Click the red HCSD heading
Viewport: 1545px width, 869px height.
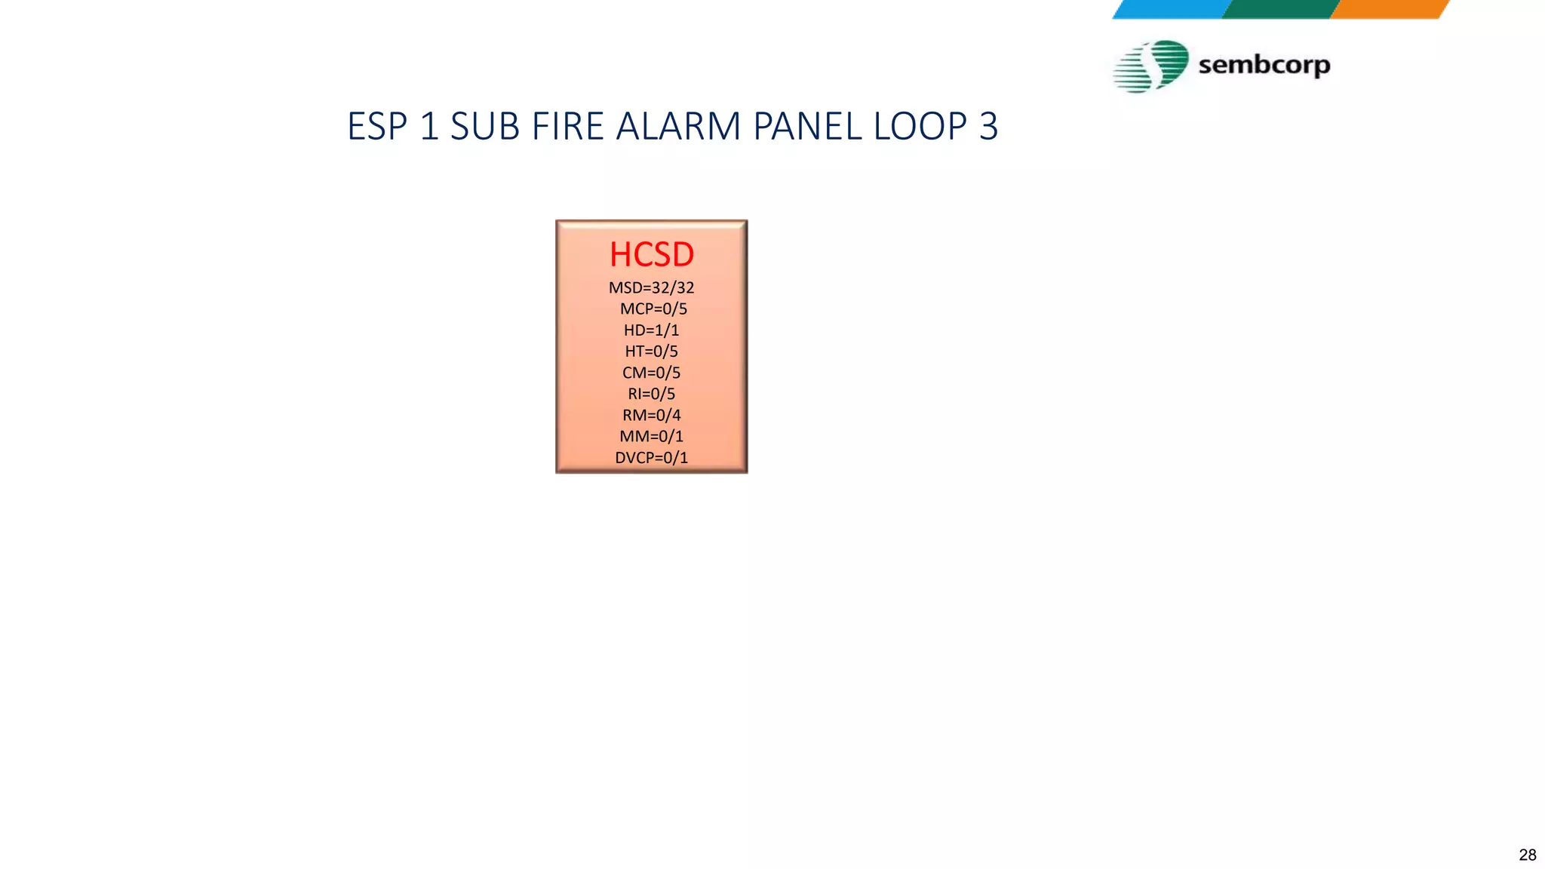coord(652,255)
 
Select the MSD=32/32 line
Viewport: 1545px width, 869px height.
coord(652,287)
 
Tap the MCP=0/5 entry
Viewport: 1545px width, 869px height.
coord(653,309)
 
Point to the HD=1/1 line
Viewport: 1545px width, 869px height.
coord(652,330)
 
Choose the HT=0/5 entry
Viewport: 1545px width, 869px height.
coord(652,351)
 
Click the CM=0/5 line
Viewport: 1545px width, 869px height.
coord(652,373)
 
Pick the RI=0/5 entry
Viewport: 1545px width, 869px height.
coord(652,394)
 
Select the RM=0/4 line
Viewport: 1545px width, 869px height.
coord(652,415)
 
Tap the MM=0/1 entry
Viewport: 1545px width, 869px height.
coord(652,436)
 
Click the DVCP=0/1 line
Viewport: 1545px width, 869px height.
coord(652,457)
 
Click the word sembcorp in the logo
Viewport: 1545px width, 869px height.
coord(1264,65)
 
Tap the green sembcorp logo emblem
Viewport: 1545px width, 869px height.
coord(1151,66)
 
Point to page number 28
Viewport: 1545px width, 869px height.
coord(1527,855)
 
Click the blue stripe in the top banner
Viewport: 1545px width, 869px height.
coord(1171,9)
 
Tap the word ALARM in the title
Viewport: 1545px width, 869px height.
coord(678,126)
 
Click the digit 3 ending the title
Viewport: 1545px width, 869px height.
coord(988,126)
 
